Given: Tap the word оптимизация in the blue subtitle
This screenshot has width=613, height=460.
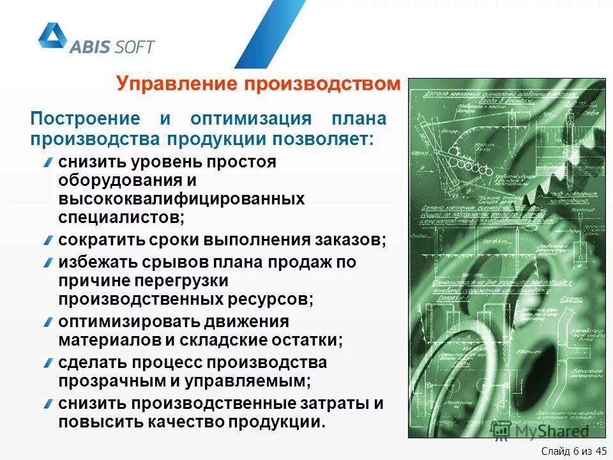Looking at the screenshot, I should click(x=250, y=119).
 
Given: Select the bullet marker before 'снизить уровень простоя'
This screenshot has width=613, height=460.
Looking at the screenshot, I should click(x=49, y=162).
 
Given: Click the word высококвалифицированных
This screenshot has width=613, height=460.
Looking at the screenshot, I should click(x=181, y=199).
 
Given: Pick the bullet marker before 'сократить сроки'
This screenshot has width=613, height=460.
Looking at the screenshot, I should click(x=49, y=240).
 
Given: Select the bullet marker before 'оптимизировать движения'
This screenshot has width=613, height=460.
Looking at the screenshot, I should click(x=49, y=321).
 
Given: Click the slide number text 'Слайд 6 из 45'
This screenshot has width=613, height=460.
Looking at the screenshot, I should click(x=572, y=450).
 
